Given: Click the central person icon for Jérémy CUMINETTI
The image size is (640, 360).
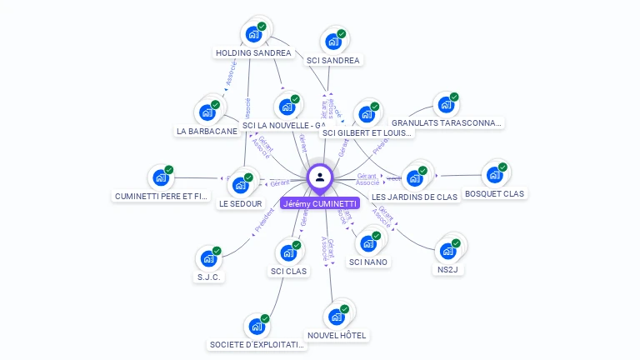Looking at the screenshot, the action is [320, 177].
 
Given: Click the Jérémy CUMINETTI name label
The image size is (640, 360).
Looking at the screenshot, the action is [320, 203].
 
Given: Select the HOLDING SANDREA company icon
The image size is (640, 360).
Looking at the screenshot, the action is [253, 35].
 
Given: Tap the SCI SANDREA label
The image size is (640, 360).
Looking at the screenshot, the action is [332, 61].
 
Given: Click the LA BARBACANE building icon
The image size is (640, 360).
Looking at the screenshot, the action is [207, 112].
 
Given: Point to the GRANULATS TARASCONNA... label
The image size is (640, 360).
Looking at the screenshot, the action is [447, 123].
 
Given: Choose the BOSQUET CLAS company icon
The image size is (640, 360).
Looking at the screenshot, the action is [494, 174].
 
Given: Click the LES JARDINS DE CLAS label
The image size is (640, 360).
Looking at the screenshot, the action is [414, 197].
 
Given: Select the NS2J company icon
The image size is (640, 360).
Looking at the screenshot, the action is [447, 250].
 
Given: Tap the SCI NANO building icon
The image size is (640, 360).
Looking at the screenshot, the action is [367, 243].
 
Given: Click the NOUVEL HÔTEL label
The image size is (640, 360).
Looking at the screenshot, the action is [337, 336].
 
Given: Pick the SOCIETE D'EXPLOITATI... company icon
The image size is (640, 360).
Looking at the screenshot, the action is [257, 326].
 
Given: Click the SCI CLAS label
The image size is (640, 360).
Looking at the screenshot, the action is [288, 272].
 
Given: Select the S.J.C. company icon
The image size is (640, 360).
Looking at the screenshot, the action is [208, 258].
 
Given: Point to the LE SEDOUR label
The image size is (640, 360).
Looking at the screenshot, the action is [241, 204].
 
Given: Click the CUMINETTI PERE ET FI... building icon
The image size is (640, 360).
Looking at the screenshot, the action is [161, 177].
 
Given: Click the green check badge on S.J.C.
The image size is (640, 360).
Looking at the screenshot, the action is [217, 250].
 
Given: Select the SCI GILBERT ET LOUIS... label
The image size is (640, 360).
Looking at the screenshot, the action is [367, 132].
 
